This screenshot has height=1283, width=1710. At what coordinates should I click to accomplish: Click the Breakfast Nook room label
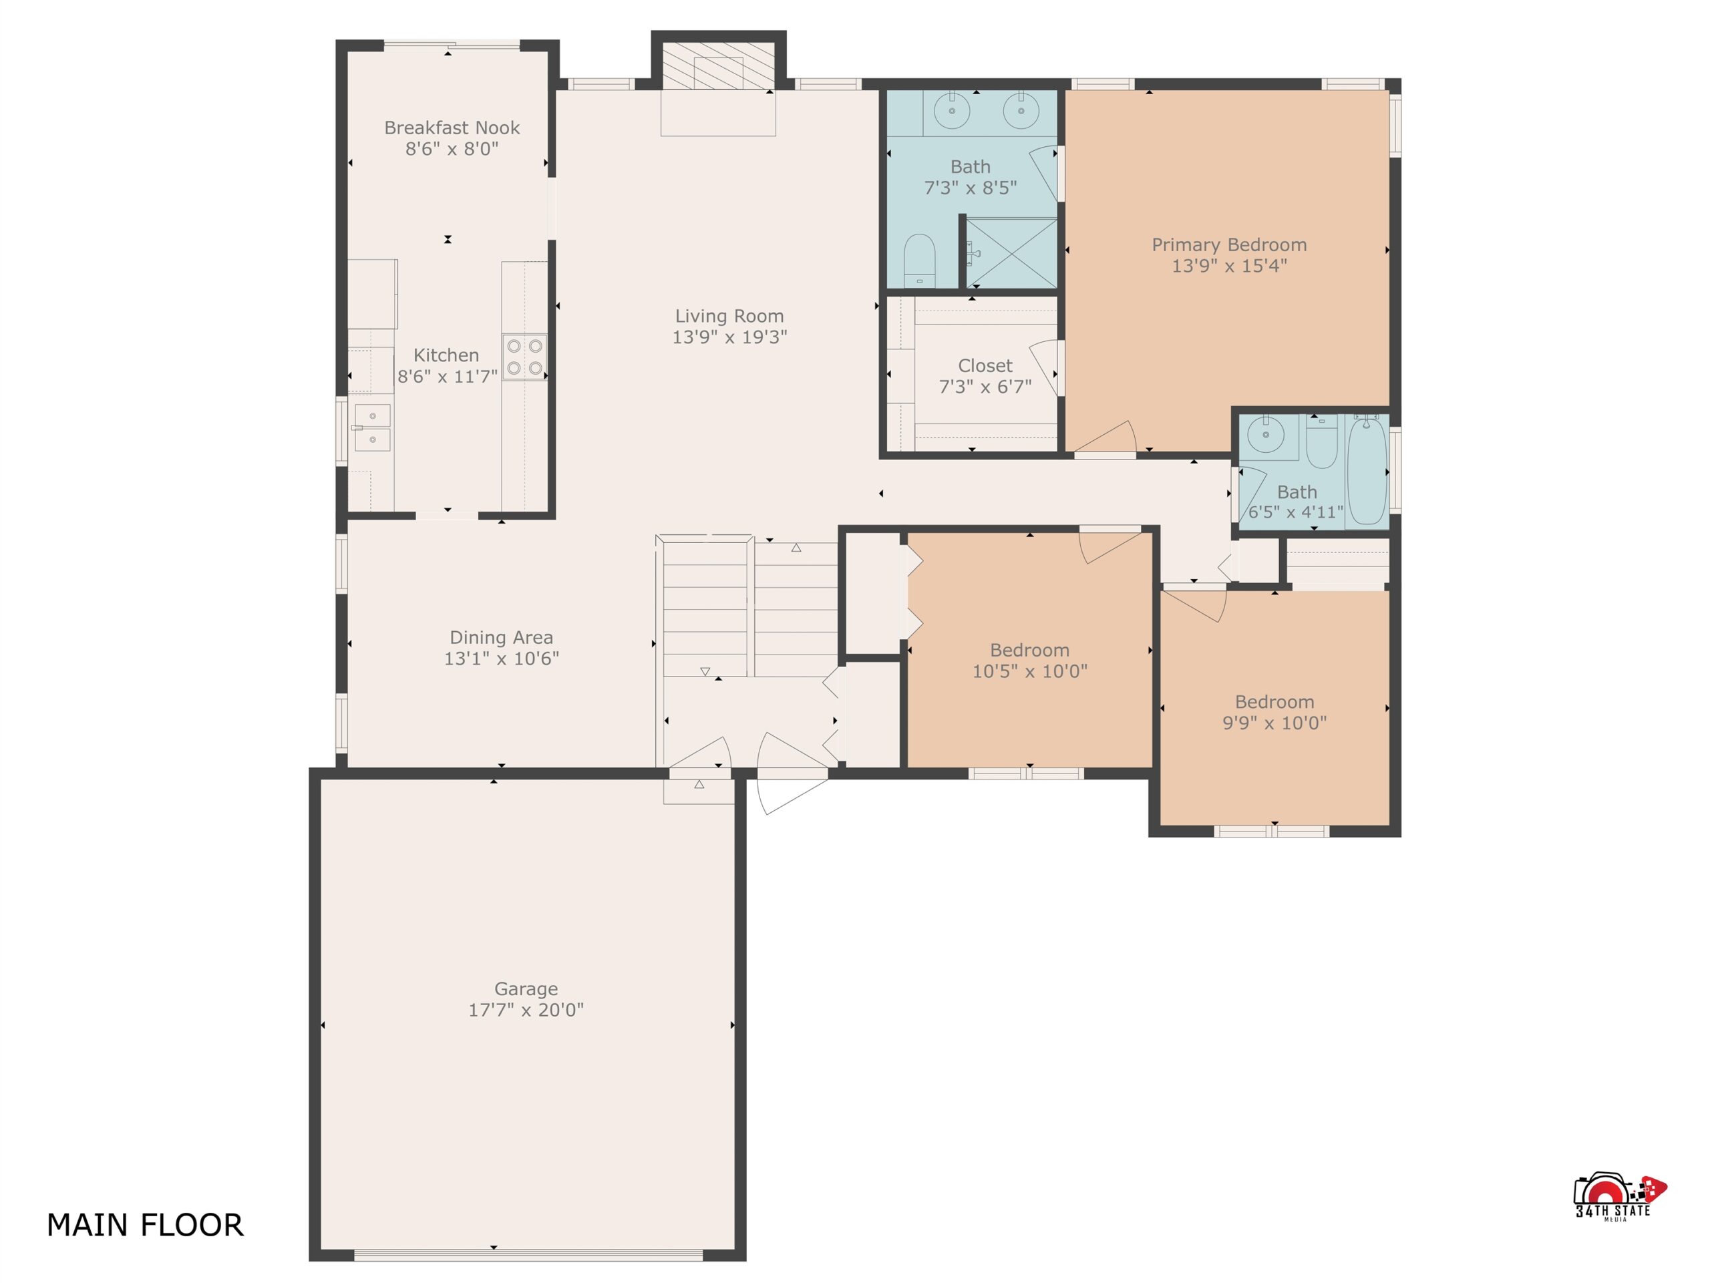(x=452, y=128)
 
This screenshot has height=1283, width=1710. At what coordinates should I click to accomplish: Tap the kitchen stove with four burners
(x=524, y=357)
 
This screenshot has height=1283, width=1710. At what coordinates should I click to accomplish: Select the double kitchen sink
(x=372, y=427)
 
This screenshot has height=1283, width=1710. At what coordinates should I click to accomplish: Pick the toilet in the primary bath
(x=920, y=260)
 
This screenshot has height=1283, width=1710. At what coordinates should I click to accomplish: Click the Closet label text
(x=985, y=365)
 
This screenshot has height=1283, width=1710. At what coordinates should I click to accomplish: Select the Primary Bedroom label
(x=1229, y=245)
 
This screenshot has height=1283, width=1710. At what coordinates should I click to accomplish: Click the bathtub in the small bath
(x=1367, y=470)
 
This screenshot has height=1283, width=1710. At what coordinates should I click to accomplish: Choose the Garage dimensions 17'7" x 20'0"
(x=526, y=1010)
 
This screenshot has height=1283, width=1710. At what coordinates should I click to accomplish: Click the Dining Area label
(x=501, y=638)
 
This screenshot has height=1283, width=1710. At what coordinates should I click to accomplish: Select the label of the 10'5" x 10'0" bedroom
(x=1030, y=650)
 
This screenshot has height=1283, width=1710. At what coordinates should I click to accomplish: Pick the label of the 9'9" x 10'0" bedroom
(x=1274, y=702)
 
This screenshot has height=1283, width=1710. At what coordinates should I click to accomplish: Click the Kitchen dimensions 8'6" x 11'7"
(x=447, y=377)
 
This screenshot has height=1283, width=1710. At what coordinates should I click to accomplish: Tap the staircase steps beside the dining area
(x=748, y=609)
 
